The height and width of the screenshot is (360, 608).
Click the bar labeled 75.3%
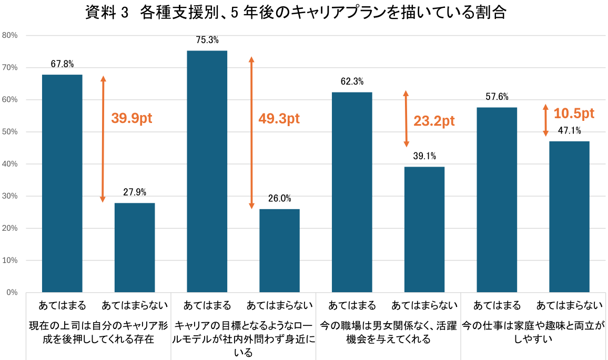[x=207, y=171]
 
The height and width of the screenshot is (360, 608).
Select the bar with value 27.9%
[x=135, y=248]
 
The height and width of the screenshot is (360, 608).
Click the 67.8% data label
[x=62, y=64]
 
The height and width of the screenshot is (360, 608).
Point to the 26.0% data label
[x=279, y=199]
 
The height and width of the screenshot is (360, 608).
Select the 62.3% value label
[x=352, y=81]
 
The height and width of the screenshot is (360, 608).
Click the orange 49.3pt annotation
[x=279, y=118]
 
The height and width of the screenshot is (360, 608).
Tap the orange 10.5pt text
[x=574, y=113]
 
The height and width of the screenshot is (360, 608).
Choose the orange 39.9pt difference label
[x=131, y=118]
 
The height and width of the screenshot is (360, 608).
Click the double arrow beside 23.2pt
[x=406, y=119]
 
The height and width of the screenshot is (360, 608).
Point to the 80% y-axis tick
[x=10, y=35]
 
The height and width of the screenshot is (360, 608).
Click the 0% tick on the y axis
[x=12, y=292]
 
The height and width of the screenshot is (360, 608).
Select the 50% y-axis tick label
[x=10, y=132]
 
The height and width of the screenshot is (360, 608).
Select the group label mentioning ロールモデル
[x=244, y=339]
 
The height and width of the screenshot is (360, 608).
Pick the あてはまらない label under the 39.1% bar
[x=424, y=305]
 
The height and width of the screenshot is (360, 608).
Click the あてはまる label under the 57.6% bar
[x=497, y=305]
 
